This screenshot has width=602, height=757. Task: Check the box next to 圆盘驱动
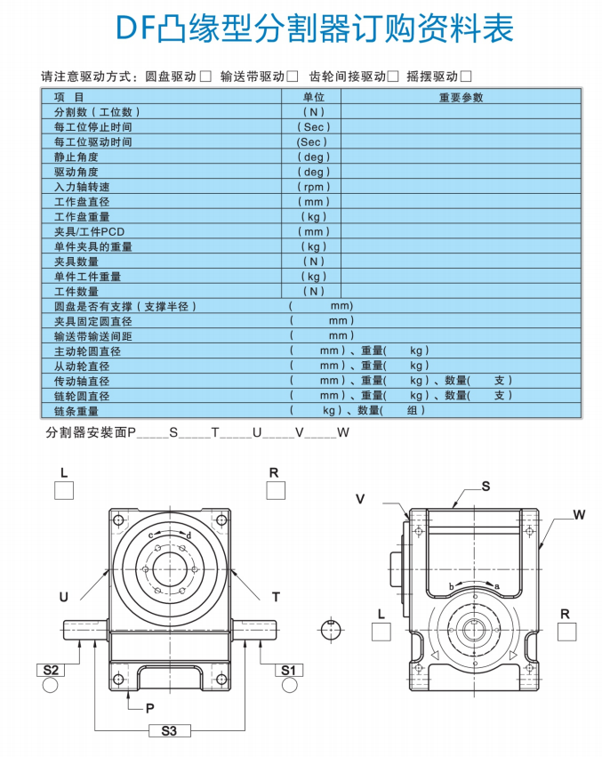[205, 77]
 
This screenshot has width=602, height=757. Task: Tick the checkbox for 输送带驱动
[292, 77]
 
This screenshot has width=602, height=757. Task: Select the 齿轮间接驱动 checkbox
[393, 77]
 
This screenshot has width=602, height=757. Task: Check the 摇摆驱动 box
[466, 77]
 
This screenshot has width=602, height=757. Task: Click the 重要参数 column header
[461, 98]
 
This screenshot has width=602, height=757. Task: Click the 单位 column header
[314, 97]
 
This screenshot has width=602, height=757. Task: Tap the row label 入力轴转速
[82, 187]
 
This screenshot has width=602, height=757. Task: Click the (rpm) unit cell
[314, 187]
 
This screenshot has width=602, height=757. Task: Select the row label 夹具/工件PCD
[89, 232]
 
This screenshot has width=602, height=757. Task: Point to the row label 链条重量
[76, 411]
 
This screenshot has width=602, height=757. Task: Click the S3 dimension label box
[169, 730]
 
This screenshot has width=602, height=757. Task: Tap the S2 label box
[51, 670]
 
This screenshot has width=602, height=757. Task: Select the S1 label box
[289, 670]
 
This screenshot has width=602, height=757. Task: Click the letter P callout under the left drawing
[149, 708]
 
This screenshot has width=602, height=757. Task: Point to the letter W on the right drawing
[579, 515]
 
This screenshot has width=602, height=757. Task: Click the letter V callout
[360, 499]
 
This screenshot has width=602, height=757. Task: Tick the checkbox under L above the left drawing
[64, 490]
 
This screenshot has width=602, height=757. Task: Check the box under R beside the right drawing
[566, 632]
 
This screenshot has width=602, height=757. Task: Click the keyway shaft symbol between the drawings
[331, 630]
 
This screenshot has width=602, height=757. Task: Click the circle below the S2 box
[50, 685]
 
